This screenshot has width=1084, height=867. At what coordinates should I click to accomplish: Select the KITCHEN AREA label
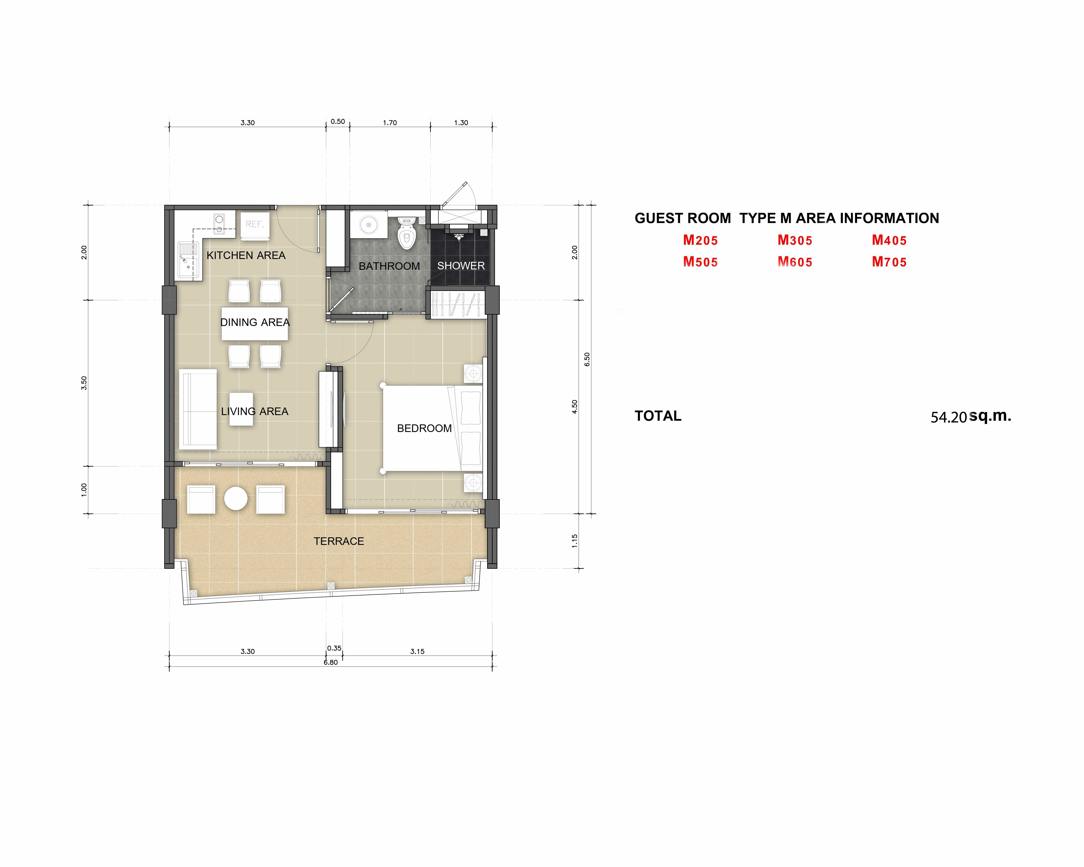[x=246, y=255]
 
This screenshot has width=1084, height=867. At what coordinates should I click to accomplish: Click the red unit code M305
[x=795, y=240]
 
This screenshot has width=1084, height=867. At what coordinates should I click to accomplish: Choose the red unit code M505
[x=700, y=262]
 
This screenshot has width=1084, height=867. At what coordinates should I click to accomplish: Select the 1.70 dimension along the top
[x=390, y=123]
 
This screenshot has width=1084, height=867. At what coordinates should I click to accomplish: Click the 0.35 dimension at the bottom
[x=334, y=648]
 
